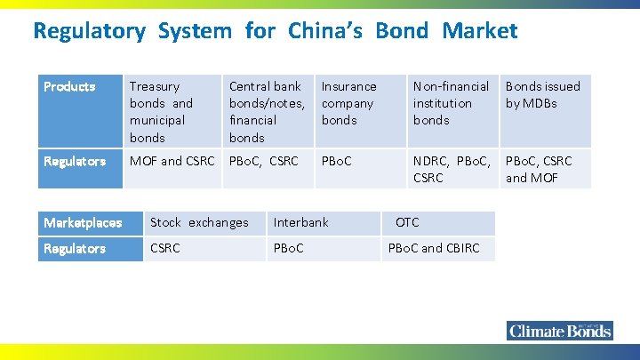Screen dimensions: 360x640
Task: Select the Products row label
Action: click(69, 86)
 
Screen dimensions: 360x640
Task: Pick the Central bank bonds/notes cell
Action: click(267, 111)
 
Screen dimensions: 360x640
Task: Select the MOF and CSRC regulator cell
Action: click(172, 161)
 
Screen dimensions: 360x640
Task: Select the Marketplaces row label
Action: click(83, 222)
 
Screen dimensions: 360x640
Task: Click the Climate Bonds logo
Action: click(560, 331)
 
